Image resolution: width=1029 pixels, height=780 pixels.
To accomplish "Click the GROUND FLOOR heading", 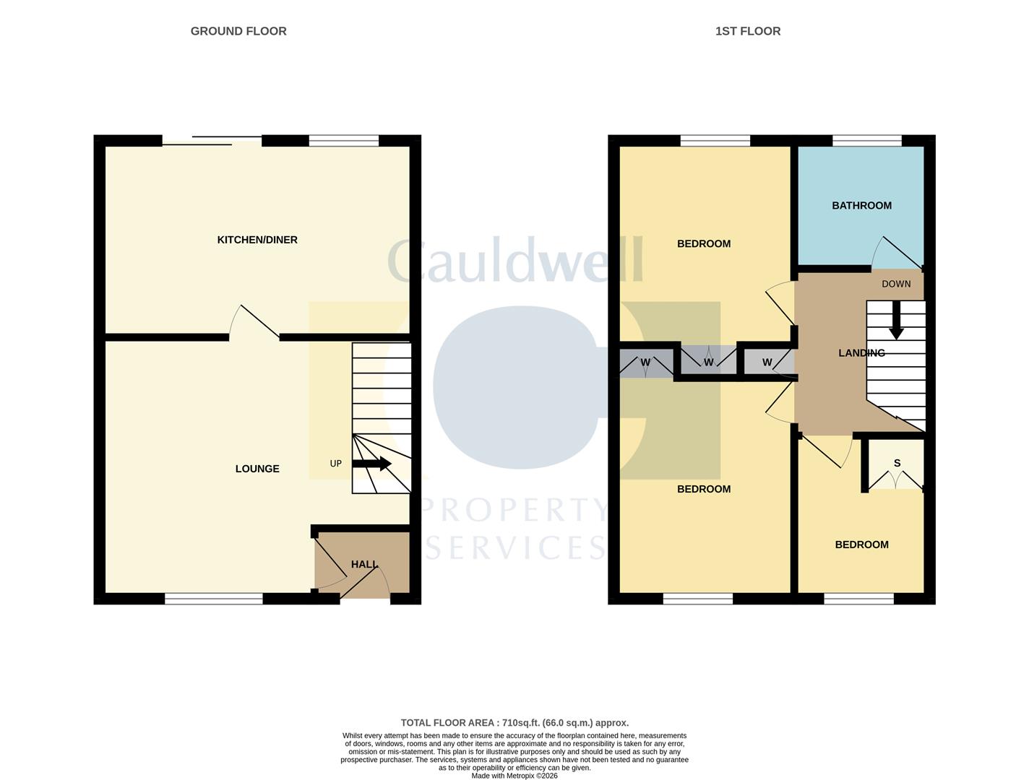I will click(x=238, y=31).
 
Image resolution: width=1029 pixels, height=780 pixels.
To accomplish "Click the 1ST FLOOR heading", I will click(x=747, y=31).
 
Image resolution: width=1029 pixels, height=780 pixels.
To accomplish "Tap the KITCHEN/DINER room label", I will click(x=257, y=240).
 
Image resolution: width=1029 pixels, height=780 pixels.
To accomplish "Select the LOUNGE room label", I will click(x=257, y=469).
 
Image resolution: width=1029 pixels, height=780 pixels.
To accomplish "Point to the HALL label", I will click(x=364, y=564).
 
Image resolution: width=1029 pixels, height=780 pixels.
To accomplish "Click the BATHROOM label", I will click(x=861, y=206).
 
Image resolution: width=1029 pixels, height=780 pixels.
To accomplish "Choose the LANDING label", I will click(x=861, y=353).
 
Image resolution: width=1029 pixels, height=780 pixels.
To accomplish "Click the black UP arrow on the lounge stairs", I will click(x=372, y=464).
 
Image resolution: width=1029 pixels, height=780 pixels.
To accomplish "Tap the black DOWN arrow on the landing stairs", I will click(x=896, y=320).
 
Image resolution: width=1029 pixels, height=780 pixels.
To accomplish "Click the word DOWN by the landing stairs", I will click(x=896, y=284).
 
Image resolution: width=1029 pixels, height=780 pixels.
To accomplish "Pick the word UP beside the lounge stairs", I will click(x=335, y=464).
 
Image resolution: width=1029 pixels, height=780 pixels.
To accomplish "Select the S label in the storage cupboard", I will click(x=897, y=463).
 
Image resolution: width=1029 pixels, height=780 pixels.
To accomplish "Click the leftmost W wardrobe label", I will click(x=645, y=363).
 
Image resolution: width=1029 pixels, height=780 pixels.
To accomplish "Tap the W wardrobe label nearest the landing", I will click(x=767, y=363).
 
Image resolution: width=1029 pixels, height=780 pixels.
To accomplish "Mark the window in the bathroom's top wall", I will click(x=866, y=141).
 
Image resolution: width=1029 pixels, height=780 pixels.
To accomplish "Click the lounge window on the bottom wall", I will click(x=214, y=598).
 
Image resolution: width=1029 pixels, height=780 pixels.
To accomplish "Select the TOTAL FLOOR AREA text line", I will click(x=514, y=722).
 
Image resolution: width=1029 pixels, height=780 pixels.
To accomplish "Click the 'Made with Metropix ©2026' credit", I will click(x=514, y=776).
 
